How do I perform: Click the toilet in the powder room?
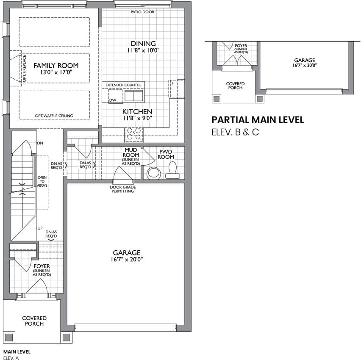(173, 170)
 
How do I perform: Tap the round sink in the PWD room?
(154, 173)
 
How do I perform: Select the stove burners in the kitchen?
(134, 134)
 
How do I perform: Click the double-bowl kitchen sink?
(134, 96)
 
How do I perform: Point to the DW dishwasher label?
(113, 100)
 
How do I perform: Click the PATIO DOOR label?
(142, 12)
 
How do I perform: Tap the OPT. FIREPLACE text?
(25, 68)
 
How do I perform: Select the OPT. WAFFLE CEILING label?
(54, 116)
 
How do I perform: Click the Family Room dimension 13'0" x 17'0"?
(56, 72)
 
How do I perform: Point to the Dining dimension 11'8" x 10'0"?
(144, 50)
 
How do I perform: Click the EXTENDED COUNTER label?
(123, 85)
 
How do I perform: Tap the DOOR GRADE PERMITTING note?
(123, 189)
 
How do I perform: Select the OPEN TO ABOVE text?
(42, 181)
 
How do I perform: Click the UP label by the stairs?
(40, 228)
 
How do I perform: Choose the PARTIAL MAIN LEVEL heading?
(258, 120)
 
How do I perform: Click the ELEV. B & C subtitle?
(235, 132)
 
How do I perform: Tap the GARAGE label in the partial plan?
(305, 60)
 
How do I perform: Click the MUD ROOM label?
(131, 152)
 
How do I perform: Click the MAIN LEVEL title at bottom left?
(17, 352)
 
